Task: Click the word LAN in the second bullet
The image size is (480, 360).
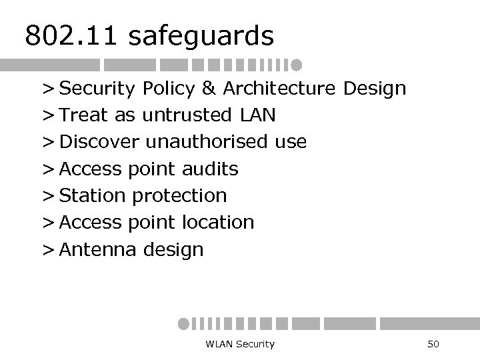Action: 257,115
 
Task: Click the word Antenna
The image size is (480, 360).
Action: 97,249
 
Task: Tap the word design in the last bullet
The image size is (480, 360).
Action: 173,251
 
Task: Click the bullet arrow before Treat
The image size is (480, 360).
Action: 47,116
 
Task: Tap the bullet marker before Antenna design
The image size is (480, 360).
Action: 47,250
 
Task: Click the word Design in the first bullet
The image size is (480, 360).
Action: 374,89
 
